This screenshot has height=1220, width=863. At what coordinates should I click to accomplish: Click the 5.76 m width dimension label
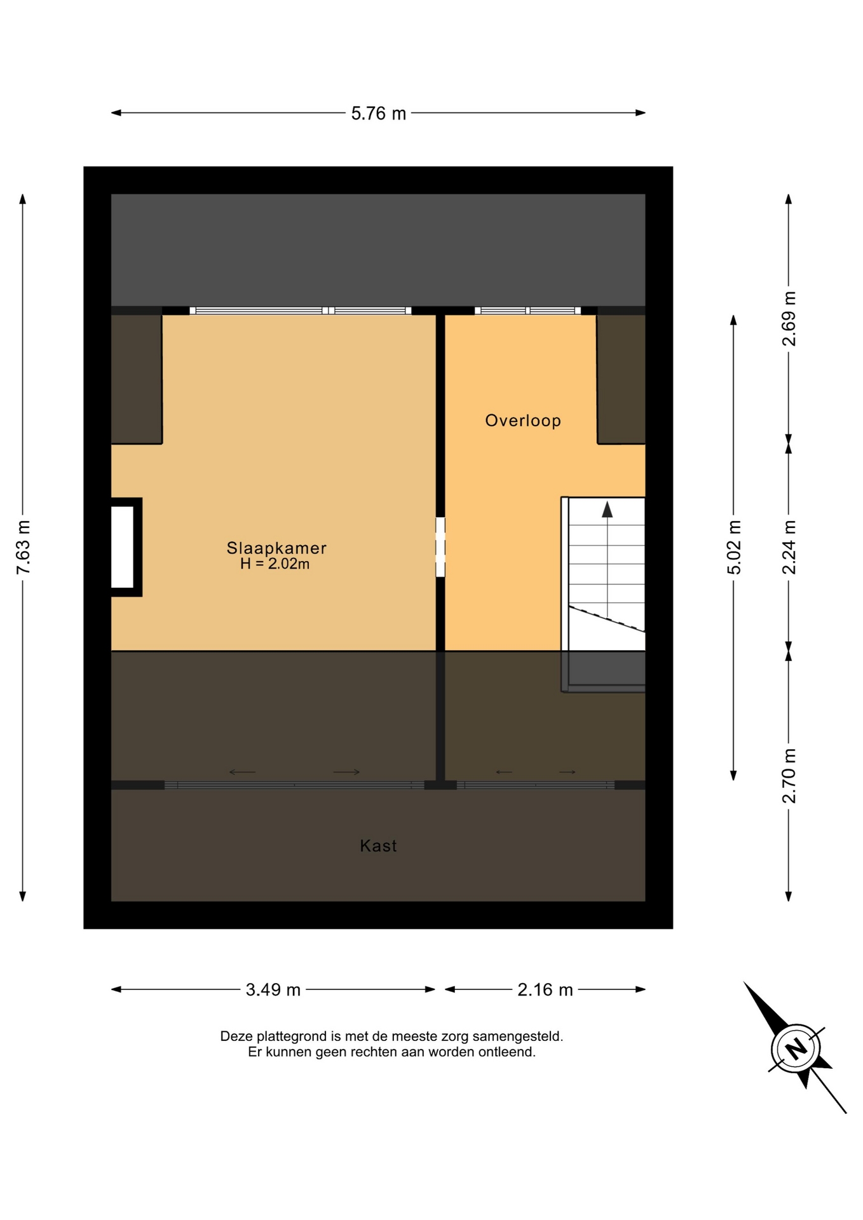click(378, 113)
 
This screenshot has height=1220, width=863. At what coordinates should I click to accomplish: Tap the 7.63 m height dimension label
click(24, 547)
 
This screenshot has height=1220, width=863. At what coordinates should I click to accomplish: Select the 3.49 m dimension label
click(273, 989)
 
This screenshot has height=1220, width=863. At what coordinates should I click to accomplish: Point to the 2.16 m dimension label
click(545, 989)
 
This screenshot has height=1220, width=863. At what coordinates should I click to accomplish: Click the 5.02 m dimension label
click(734, 547)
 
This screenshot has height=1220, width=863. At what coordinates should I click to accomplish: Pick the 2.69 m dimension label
click(789, 318)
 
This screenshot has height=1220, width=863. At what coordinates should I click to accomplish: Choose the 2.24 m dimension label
click(789, 547)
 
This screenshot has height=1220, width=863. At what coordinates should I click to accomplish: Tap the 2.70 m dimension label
click(789, 776)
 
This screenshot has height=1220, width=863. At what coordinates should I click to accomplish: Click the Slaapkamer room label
click(276, 548)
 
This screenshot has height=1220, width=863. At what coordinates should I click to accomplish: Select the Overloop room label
click(523, 421)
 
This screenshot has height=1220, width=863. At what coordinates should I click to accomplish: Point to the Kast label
click(378, 846)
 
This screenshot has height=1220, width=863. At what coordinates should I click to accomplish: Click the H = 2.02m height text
click(275, 564)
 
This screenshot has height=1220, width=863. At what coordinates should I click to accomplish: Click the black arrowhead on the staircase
click(608, 509)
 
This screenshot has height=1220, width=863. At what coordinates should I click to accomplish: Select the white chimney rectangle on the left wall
click(123, 547)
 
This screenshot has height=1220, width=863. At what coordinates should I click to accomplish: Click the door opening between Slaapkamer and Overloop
click(440, 547)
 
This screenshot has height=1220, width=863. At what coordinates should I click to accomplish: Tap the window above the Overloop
click(527, 311)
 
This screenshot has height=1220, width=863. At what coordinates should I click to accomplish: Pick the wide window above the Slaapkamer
click(301, 311)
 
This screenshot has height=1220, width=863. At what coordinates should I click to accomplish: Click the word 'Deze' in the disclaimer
click(235, 1036)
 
